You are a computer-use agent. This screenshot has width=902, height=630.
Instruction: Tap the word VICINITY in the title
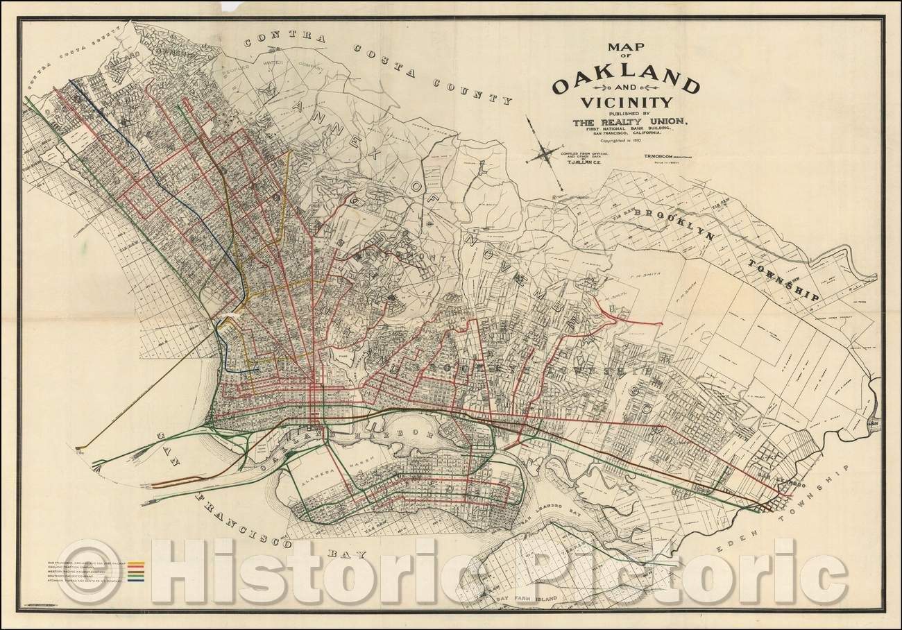click(x=626, y=103)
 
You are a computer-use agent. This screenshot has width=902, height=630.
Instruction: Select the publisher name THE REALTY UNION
click(x=630, y=123)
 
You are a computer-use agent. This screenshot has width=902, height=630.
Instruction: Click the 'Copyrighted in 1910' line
click(x=627, y=141)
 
